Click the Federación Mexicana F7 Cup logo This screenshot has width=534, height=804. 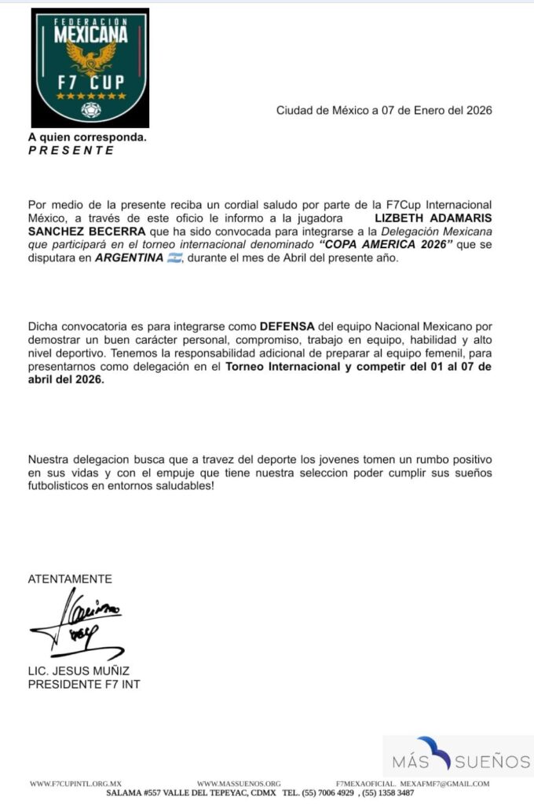(90, 68)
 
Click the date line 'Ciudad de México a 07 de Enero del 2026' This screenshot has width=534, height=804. (384, 111)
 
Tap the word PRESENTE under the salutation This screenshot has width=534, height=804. (71, 151)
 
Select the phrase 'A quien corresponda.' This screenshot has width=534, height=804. (87, 137)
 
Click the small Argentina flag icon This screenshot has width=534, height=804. (174, 258)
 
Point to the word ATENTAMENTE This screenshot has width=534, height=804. (70, 579)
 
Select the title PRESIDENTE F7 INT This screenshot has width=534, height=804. (84, 684)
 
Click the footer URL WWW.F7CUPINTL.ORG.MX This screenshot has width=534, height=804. (76, 784)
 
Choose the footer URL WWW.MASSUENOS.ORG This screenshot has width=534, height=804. (239, 784)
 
